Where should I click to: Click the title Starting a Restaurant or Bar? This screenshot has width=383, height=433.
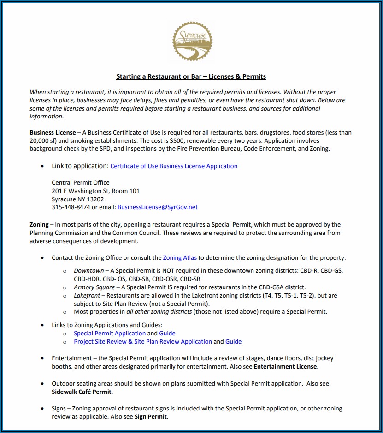[x=191, y=76]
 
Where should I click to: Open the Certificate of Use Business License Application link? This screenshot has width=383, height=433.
[x=174, y=166]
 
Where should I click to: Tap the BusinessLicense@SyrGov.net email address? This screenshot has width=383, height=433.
[x=157, y=207]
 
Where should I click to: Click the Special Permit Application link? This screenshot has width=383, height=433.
[x=110, y=333]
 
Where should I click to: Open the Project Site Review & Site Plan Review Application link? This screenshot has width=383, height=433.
[x=143, y=342]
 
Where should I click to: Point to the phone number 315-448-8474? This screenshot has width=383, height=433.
[x=71, y=207]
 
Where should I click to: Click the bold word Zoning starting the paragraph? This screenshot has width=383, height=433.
[x=39, y=225]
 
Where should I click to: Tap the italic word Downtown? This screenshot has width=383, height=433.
[x=89, y=270]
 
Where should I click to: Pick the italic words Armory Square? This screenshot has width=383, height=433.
[x=94, y=287]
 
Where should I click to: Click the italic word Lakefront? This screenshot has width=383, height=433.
[x=88, y=295]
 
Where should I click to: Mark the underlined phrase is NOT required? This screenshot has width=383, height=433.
[x=178, y=270]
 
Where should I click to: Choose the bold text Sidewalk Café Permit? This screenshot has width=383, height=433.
[x=81, y=392]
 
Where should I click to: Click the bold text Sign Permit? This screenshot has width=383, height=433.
[x=151, y=417]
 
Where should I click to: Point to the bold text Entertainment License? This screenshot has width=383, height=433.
[x=285, y=367]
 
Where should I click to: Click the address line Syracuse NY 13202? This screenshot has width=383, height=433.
[x=77, y=199]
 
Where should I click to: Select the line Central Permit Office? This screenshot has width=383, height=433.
[x=80, y=182]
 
